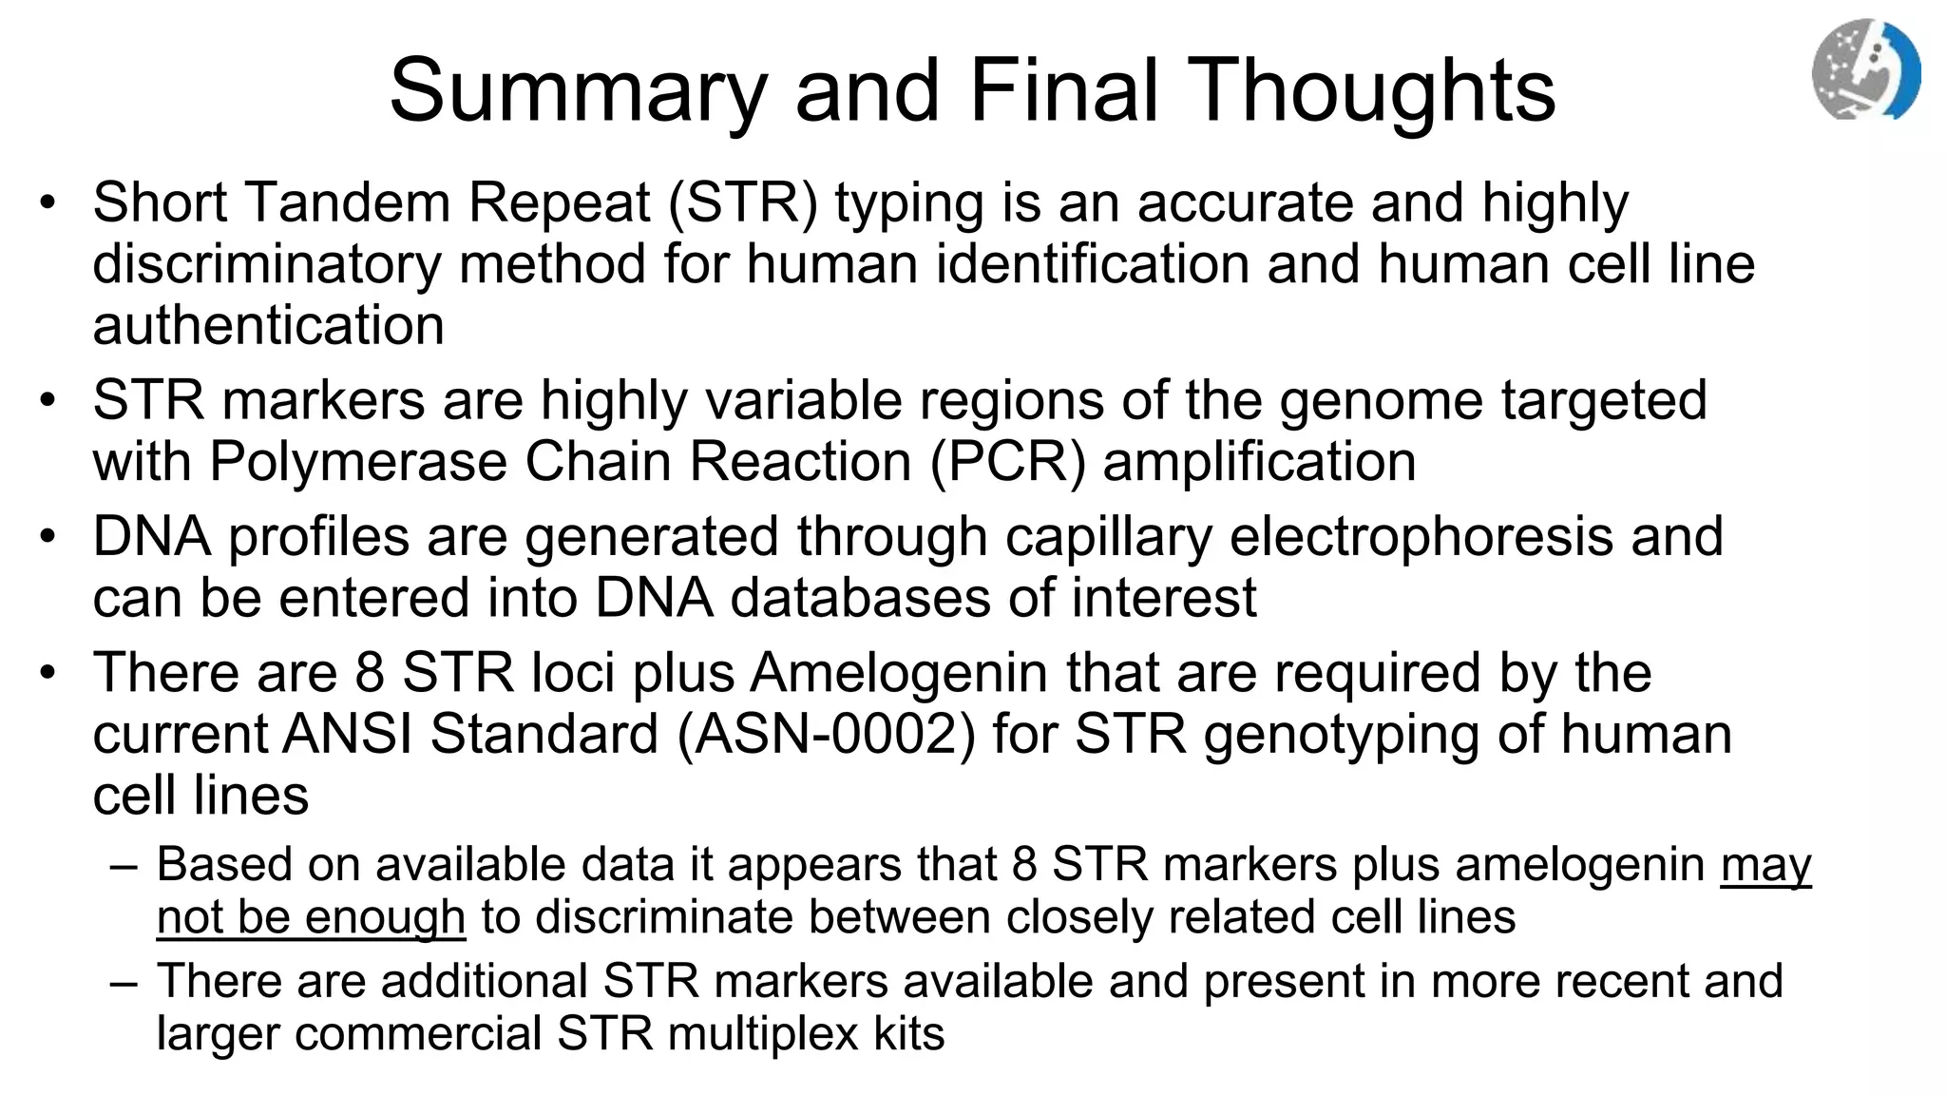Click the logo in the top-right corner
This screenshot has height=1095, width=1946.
click(x=1865, y=69)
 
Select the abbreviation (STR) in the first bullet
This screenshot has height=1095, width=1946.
click(x=742, y=202)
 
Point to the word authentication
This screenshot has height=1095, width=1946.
click(x=269, y=325)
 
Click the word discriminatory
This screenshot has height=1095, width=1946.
click(x=267, y=263)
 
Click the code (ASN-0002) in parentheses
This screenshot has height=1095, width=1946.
click(x=826, y=735)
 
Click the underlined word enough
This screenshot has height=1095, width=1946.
click(x=385, y=917)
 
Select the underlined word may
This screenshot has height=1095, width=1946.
click(x=1765, y=865)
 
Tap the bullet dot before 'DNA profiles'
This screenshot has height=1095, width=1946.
click(x=48, y=536)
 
